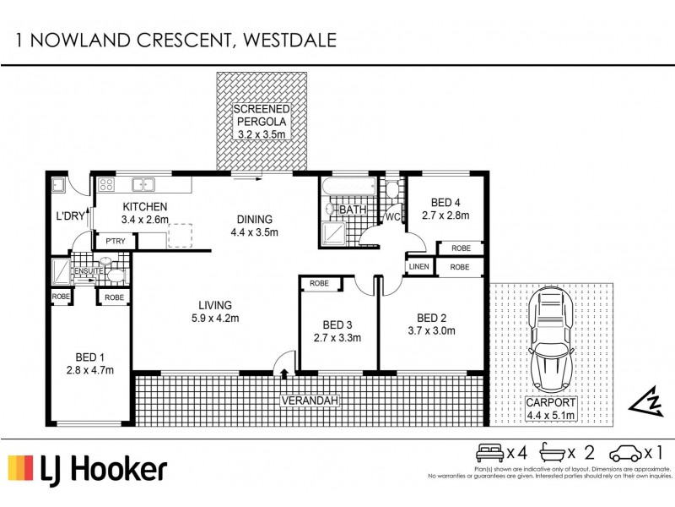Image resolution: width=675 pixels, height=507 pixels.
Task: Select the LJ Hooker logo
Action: pyautogui.click(x=88, y=468)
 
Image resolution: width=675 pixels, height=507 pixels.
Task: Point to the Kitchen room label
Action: pyautogui.click(x=145, y=207)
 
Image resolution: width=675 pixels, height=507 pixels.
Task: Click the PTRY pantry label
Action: pyautogui.click(x=116, y=242)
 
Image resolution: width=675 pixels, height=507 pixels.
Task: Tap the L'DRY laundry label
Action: pyautogui.click(x=71, y=216)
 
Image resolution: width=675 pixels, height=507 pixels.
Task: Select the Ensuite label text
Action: pyautogui.click(x=87, y=270)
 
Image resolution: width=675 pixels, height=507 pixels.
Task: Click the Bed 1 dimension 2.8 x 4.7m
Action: pyautogui.click(x=90, y=369)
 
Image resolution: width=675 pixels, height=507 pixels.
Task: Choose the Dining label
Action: pyautogui.click(x=254, y=218)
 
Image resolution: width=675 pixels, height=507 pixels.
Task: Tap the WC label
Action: pyautogui.click(x=392, y=217)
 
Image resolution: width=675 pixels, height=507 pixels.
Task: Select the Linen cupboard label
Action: pyautogui.click(x=419, y=268)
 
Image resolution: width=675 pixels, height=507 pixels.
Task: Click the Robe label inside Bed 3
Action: pyautogui.click(x=320, y=283)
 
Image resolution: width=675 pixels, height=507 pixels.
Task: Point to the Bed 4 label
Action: pyautogui.click(x=445, y=203)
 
